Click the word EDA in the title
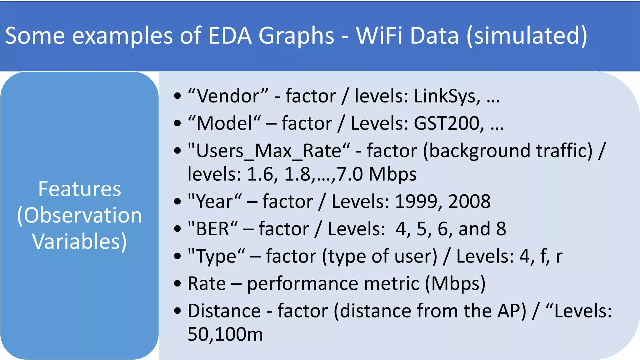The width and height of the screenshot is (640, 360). click(x=230, y=35)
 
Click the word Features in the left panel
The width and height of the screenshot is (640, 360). click(x=79, y=189)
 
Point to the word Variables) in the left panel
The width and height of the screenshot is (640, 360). click(x=79, y=242)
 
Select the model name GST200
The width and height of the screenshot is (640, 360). click(x=449, y=123)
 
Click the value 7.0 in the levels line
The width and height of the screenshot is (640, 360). click(x=350, y=174)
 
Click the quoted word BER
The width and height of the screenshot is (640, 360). click(x=212, y=229)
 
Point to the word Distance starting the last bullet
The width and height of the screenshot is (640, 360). click(x=224, y=311)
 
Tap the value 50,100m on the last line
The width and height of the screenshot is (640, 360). click(x=225, y=334)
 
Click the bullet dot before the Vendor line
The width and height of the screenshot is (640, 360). click(x=177, y=96)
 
